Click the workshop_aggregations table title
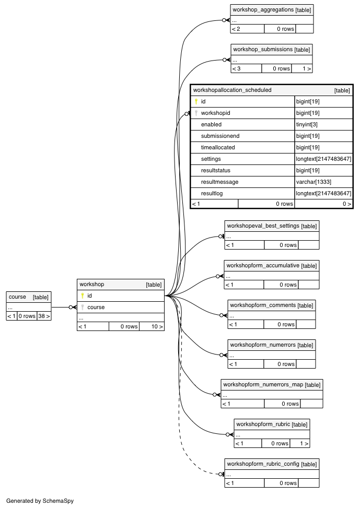tap(263, 10)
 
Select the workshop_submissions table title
tap(263, 49)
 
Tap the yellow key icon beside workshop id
tap(83, 296)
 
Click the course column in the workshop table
tap(96, 307)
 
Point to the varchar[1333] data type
tap(313, 182)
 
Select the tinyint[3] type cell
tap(307, 124)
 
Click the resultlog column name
tap(212, 193)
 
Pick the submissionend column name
tap(220, 136)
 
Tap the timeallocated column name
tap(218, 147)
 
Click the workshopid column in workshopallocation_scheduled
tap(216, 113)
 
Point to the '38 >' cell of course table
tap(44, 316)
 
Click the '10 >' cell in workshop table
tap(157, 327)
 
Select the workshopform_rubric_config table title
tap(263, 464)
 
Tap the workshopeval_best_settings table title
tap(263, 226)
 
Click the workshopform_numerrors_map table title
tap(263, 385)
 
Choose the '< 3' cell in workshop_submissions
tap(237, 69)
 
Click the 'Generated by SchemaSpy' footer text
tap(40, 501)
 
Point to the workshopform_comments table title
tap(263, 305)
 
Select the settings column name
tap(211, 159)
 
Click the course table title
tap(18, 297)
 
